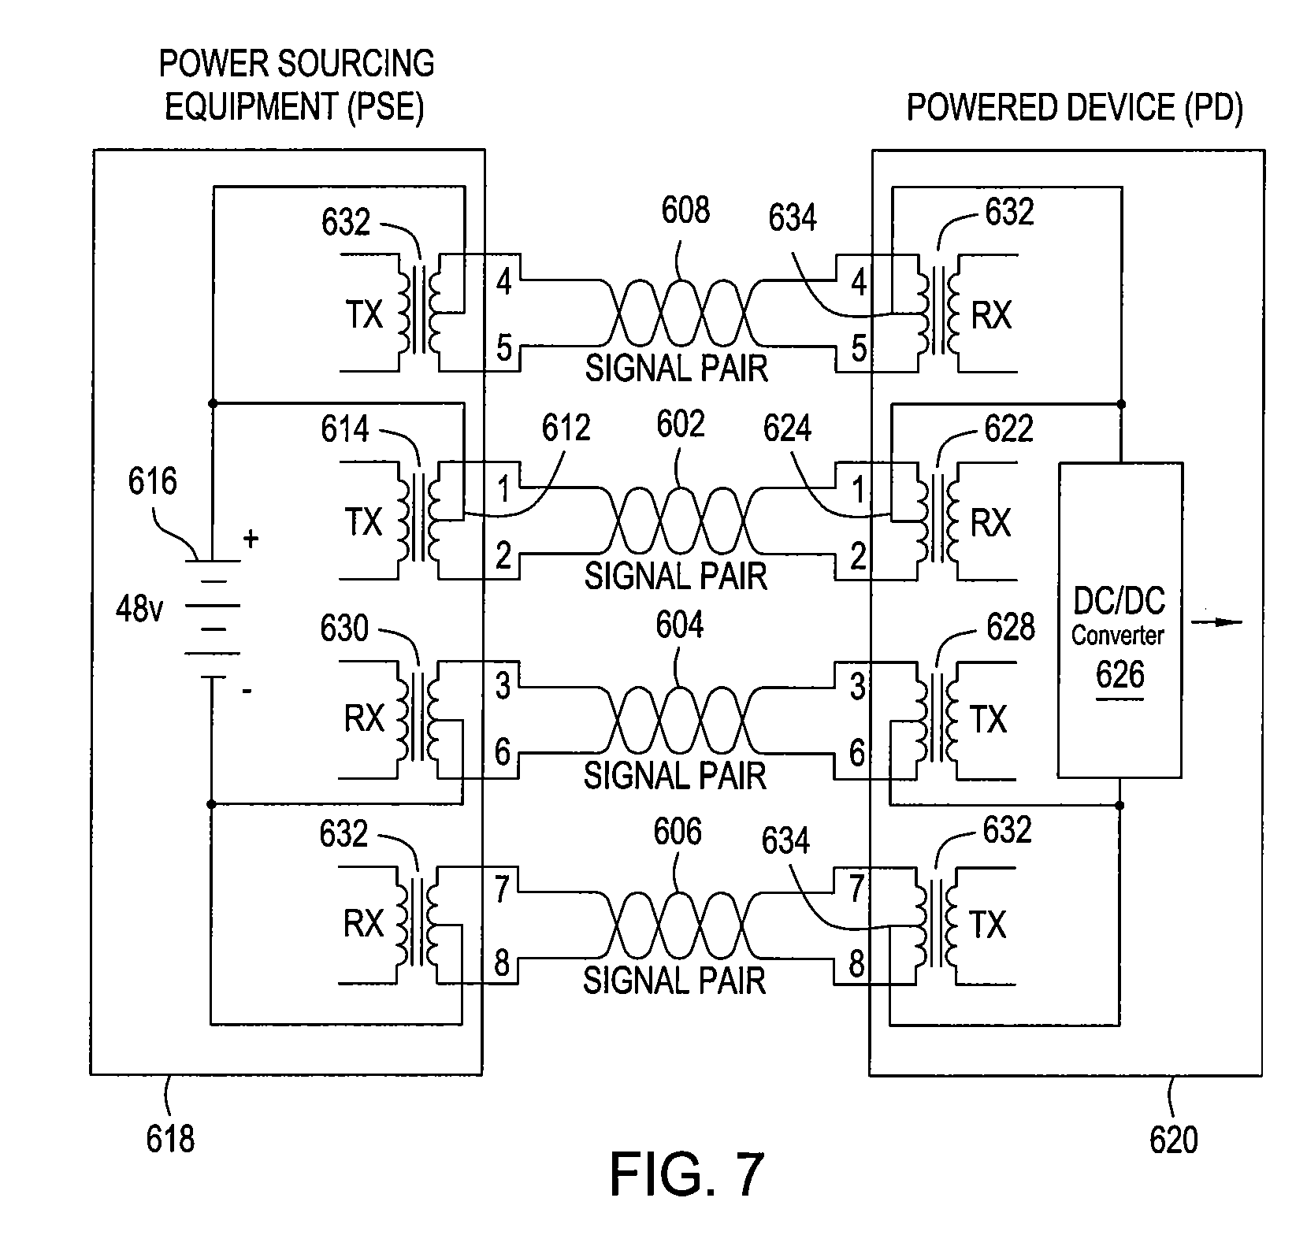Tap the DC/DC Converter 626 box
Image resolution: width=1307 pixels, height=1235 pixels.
coord(1119,620)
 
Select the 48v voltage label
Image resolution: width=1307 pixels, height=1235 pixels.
coord(139,608)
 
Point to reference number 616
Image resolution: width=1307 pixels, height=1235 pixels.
coord(152,481)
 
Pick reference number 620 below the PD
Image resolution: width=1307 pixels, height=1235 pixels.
coord(1173,1139)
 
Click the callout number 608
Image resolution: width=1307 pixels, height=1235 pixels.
coord(685,210)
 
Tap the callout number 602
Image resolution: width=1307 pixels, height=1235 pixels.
coord(680,425)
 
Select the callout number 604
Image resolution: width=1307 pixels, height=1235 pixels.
coord(680,626)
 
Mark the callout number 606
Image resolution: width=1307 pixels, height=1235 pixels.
coord(678,832)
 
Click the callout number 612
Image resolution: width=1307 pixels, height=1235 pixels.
coord(566,428)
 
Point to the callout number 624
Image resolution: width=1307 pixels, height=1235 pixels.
coord(787,428)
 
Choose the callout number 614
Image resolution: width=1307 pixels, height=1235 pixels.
coord(345,429)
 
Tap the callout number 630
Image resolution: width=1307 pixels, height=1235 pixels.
coord(344,629)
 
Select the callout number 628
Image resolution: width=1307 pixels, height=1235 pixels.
coord(1011,628)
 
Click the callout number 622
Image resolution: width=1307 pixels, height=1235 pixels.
coord(1009,429)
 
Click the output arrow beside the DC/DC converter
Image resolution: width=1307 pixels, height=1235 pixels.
coord(1216,622)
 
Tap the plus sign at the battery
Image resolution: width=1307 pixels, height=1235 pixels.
coord(251,540)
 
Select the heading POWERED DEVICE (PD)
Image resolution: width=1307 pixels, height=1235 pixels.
coord(1075,107)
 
